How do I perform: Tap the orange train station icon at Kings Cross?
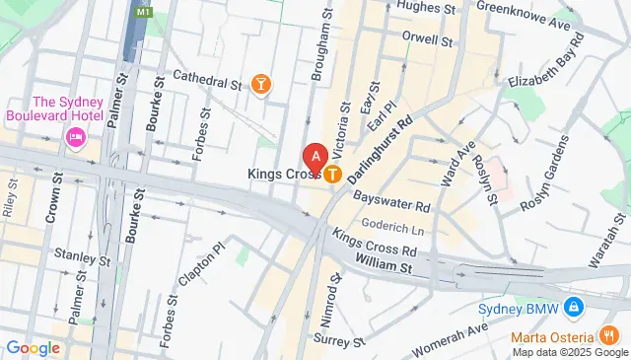333,175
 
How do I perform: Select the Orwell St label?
427,42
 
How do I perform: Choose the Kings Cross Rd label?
375,243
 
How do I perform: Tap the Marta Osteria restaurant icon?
612,335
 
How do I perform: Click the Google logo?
33,347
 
